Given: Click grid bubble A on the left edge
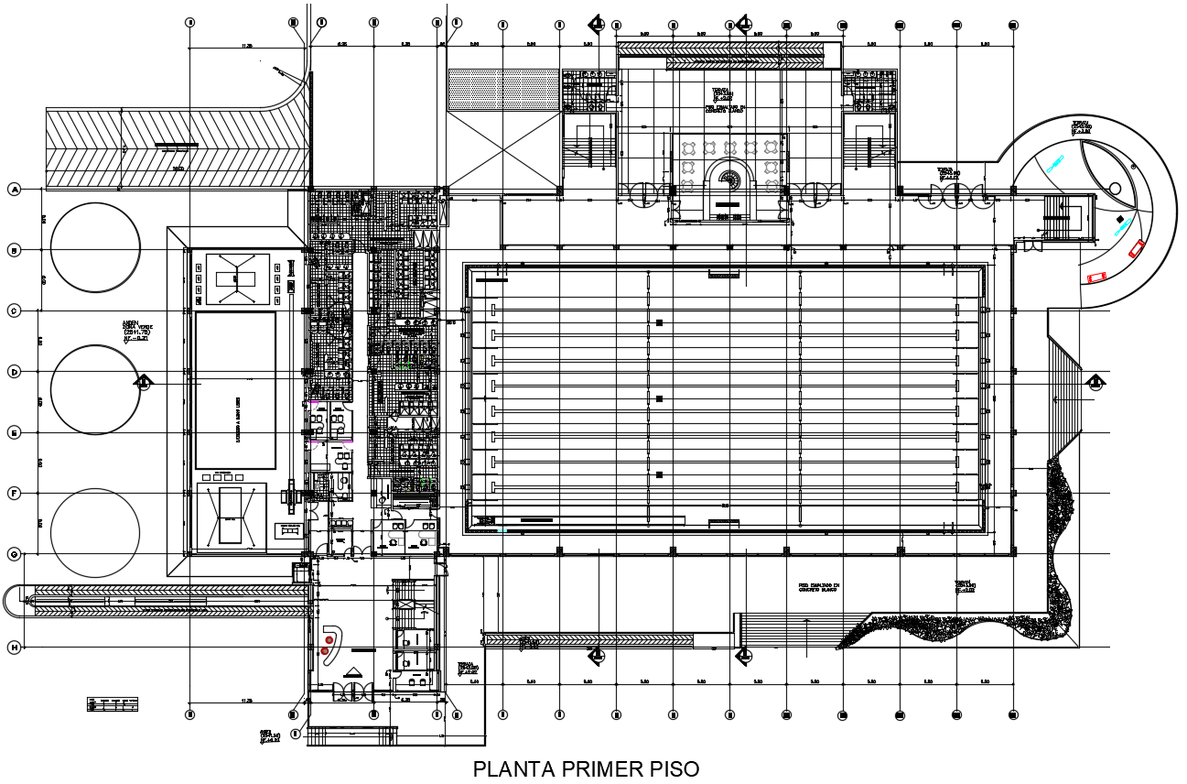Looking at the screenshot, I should pyautogui.click(x=14, y=190).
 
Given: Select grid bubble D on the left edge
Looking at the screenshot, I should pyautogui.click(x=14, y=372).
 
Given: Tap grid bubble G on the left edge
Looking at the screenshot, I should pyautogui.click(x=14, y=554).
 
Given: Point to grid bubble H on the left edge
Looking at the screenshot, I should pyautogui.click(x=14, y=648).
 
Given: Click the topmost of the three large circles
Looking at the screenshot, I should pyautogui.click(x=95, y=247).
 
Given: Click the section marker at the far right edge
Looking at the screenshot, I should pyautogui.click(x=1095, y=382).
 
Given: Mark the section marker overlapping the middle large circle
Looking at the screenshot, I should pyautogui.click(x=144, y=382).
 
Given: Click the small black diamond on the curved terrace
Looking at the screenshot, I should pyautogui.click(x=1119, y=218).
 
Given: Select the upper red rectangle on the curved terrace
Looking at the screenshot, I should pyautogui.click(x=1137, y=247).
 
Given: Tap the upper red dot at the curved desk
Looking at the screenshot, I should pyautogui.click(x=329, y=639).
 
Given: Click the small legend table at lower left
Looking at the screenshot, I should pyautogui.click(x=113, y=703).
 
